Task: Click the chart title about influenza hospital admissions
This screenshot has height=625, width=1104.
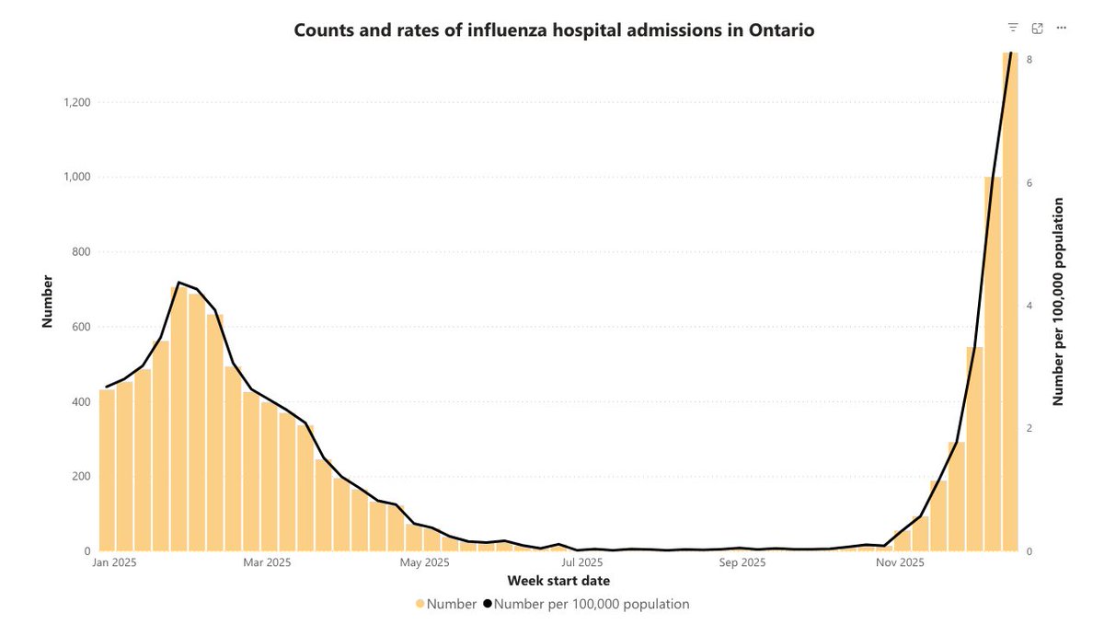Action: coord(554,29)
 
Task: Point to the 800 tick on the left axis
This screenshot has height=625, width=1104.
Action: coord(80,252)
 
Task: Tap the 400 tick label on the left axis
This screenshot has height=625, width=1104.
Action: coord(80,402)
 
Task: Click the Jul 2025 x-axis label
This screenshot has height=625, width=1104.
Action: coord(582,562)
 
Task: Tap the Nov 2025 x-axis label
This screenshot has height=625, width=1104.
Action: coord(900,562)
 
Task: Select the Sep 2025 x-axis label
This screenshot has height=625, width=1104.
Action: coord(742,562)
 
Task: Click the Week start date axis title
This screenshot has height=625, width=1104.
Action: coord(558,581)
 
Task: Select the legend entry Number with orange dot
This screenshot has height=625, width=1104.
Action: coord(446,605)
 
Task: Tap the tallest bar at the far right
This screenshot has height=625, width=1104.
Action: coord(1010,304)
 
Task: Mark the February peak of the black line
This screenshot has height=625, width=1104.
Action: coord(179,283)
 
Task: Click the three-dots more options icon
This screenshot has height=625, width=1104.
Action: coord(1062,29)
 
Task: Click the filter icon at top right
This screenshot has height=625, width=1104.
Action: coord(1013,29)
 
